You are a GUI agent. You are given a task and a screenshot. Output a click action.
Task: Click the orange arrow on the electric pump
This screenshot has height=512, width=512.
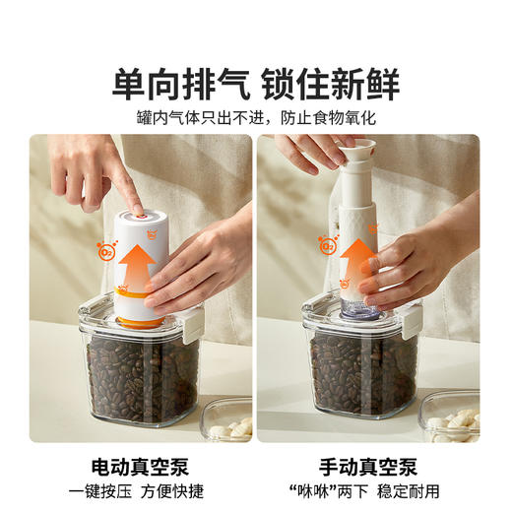tap(139, 266)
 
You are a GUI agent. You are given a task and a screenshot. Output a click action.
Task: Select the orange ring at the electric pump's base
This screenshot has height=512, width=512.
tap(139, 321)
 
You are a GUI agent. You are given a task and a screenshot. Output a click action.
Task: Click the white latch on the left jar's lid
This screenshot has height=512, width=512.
tap(195, 319)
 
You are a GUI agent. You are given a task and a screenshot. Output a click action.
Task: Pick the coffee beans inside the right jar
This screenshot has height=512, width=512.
tap(359, 379)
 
